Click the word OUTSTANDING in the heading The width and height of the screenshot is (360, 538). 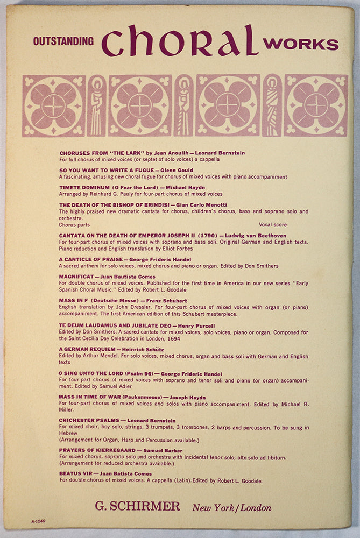click(x=63, y=41)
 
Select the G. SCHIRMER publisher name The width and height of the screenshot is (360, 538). click(x=137, y=506)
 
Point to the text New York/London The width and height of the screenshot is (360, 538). click(x=231, y=507)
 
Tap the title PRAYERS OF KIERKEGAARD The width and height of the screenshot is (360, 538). click(x=97, y=450)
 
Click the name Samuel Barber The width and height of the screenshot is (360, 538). click(x=163, y=450)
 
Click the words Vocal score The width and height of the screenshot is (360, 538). click(x=273, y=225)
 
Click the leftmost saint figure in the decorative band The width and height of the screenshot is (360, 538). click(x=97, y=105)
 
